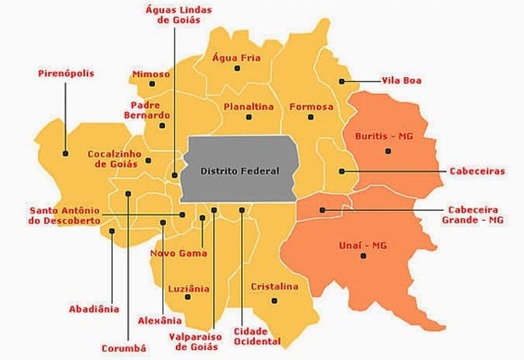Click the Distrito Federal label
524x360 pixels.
[240, 170]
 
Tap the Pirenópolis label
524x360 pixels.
[66, 74]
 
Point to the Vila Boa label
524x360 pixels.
[401, 80]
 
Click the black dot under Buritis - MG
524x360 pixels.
[388, 151]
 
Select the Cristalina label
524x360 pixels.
[274, 286]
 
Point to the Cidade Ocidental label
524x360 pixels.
[256, 335]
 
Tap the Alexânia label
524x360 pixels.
[159, 320]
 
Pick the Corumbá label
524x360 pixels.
[124, 347]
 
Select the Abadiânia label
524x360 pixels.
[94, 308]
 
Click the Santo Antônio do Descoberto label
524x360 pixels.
[64, 215]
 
